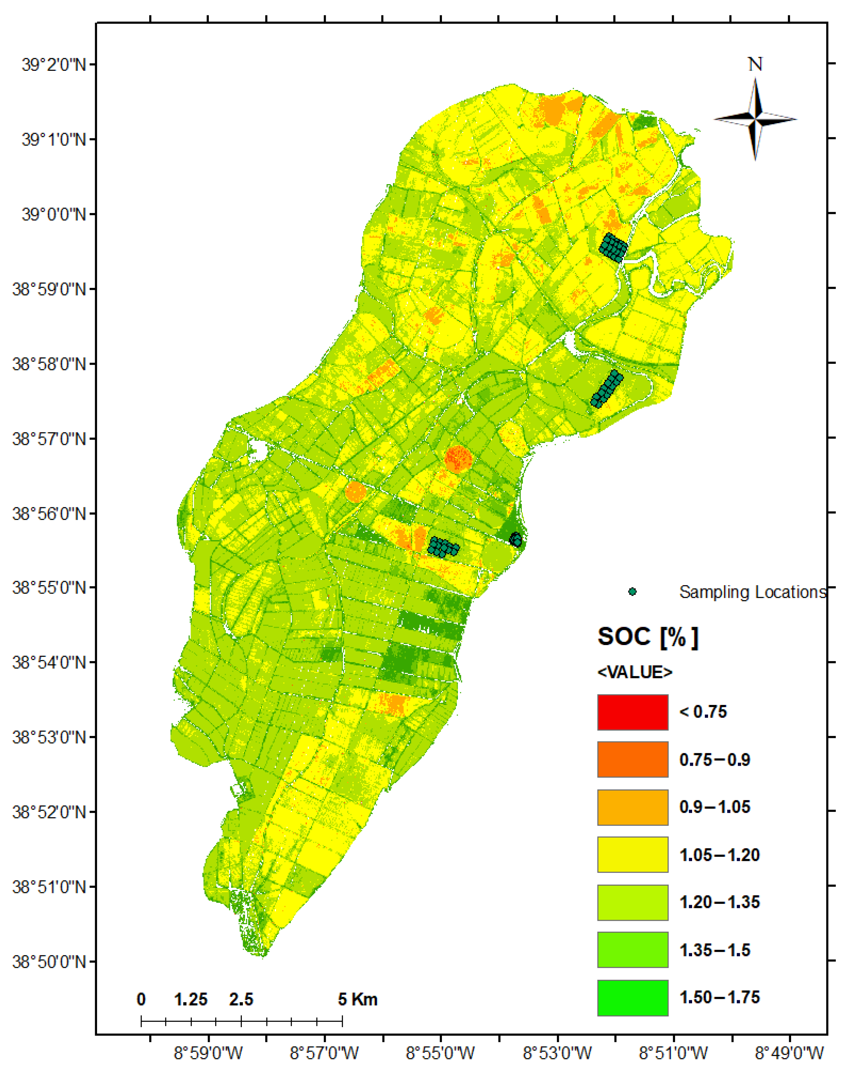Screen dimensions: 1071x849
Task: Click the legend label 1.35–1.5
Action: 714,950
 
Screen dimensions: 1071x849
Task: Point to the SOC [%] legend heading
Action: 647,637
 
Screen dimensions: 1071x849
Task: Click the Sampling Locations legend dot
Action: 632,592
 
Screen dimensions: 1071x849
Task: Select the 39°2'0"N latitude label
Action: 53,65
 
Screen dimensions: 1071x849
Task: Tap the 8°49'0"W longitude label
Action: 789,1052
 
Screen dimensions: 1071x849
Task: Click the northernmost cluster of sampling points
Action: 613,247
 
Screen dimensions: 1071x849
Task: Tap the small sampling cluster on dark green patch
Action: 516,539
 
